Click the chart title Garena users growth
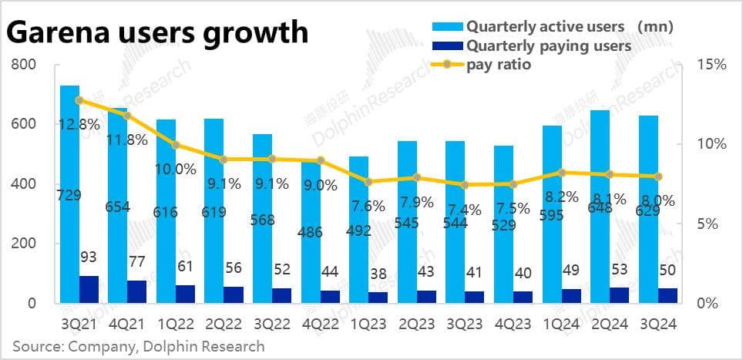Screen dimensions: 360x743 pyautogui.click(x=157, y=32)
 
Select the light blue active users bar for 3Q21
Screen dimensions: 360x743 pyautogui.click(x=69, y=193)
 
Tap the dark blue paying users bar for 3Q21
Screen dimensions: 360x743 pyautogui.click(x=89, y=289)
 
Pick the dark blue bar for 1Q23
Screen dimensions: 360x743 pyautogui.click(x=378, y=298)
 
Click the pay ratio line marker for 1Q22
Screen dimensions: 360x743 pyautogui.click(x=176, y=145)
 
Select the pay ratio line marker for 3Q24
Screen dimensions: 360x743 pyautogui.click(x=657, y=177)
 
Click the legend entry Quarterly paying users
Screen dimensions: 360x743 pyautogui.click(x=549, y=46)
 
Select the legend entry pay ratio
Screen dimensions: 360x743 pyautogui.click(x=498, y=65)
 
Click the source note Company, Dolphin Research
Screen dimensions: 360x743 pyautogui.click(x=139, y=346)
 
